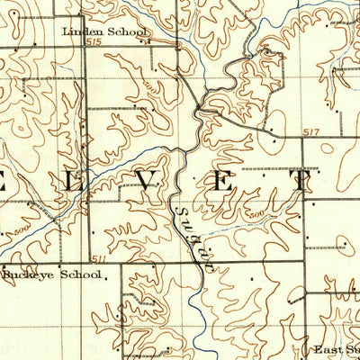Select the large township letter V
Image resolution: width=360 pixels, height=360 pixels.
145,181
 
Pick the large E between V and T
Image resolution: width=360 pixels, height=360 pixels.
222,181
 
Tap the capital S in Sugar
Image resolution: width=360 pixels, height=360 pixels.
173,213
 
